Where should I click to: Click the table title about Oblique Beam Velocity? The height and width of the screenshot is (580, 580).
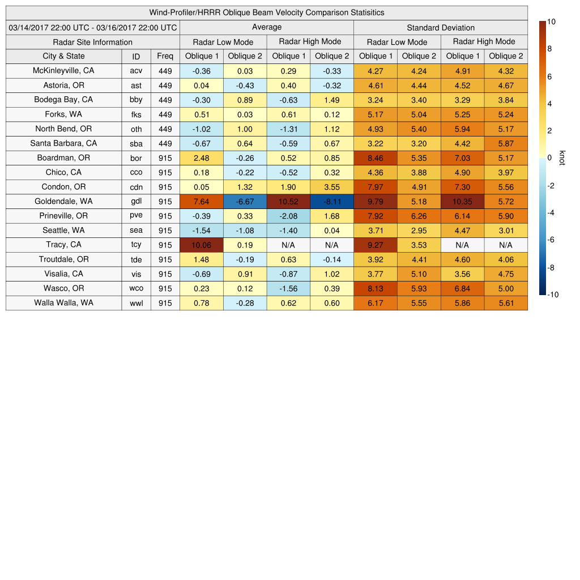pyautogui.click(x=266, y=12)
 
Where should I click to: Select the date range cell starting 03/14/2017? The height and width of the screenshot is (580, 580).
pyautogui.click(x=93, y=27)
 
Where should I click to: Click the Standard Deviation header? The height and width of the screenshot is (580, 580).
pyautogui.click(x=440, y=27)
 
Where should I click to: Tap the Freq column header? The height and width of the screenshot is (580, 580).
pyautogui.click(x=165, y=56)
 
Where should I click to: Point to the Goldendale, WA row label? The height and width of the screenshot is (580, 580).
pyautogui.click(x=63, y=201)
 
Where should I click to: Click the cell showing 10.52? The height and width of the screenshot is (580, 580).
pyautogui.click(x=288, y=201)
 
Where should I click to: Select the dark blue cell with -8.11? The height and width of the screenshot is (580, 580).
pyautogui.click(x=332, y=201)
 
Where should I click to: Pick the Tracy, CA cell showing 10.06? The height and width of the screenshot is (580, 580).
pyautogui.click(x=201, y=245)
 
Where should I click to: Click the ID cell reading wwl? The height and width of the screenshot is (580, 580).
pyautogui.click(x=136, y=303)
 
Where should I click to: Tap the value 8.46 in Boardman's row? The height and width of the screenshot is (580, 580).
pyautogui.click(x=375, y=158)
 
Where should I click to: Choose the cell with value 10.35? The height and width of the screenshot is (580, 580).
pyautogui.click(x=462, y=201)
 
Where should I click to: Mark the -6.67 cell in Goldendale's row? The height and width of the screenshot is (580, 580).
pyautogui.click(x=245, y=201)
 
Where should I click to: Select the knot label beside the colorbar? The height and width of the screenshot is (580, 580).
pyautogui.click(x=562, y=158)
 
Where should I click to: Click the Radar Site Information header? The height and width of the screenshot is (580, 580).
pyautogui.click(x=93, y=42)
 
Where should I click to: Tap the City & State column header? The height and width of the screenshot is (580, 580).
pyautogui.click(x=63, y=56)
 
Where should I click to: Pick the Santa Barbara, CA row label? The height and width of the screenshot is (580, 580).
pyautogui.click(x=63, y=143)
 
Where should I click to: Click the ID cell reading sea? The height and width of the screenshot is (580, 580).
pyautogui.click(x=136, y=231)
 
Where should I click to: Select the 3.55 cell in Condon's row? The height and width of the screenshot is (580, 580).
pyautogui.click(x=332, y=187)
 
